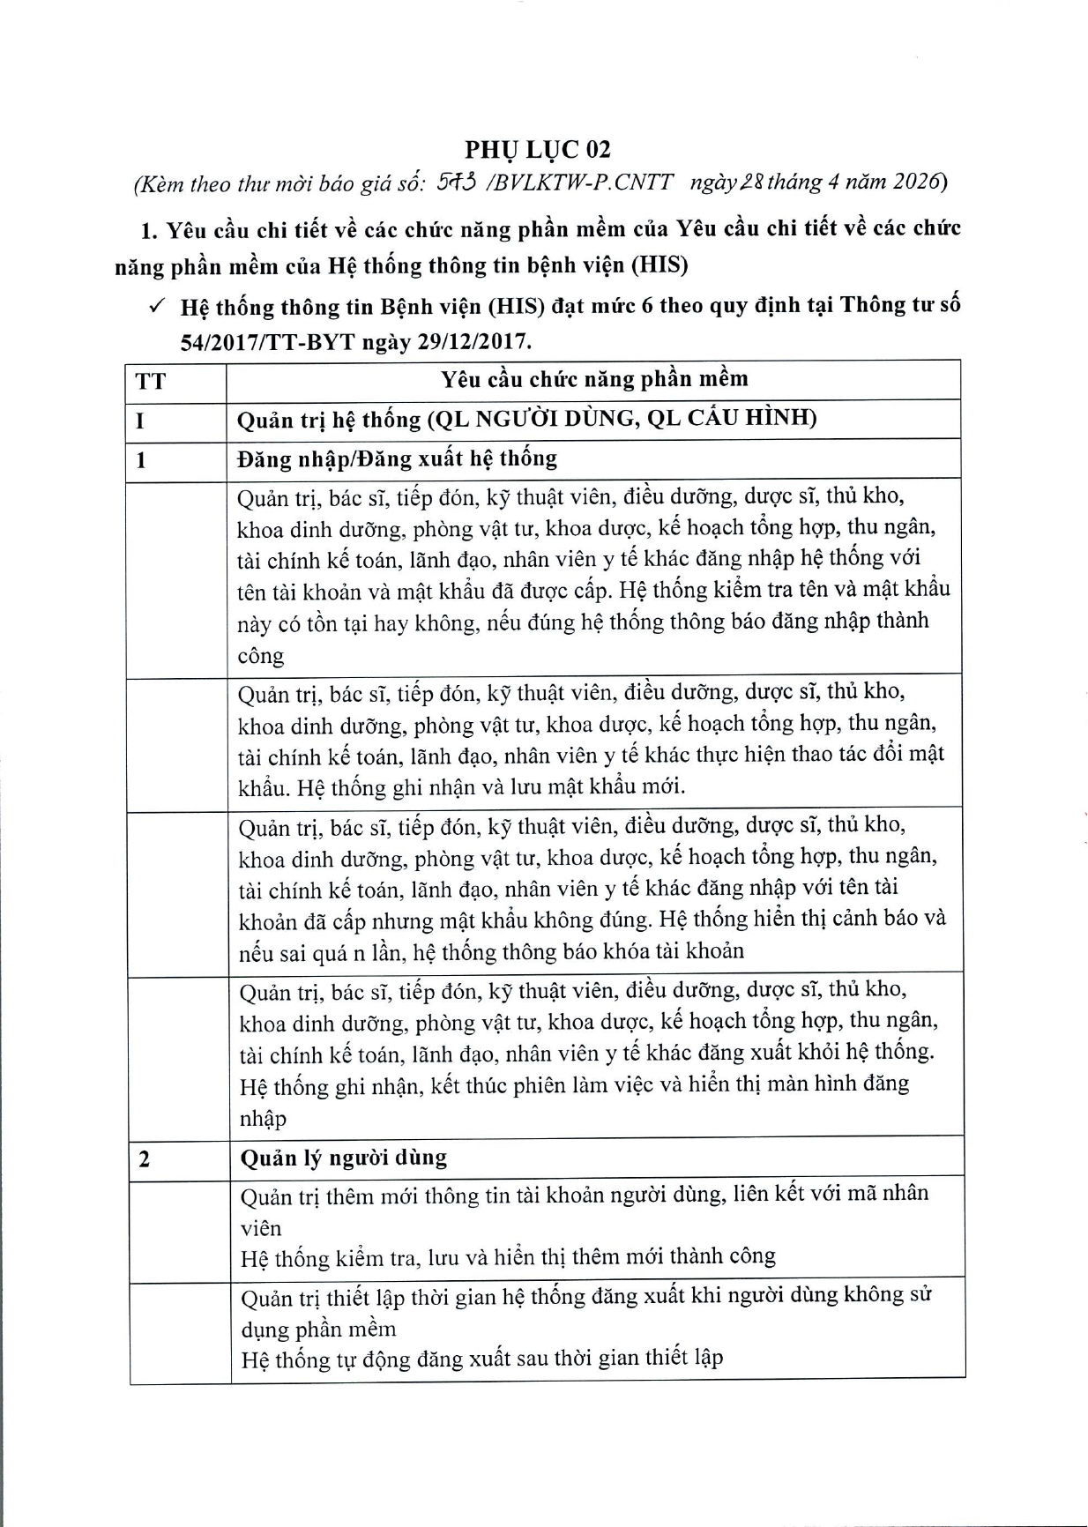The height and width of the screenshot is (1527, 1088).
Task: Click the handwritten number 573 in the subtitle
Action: click(458, 182)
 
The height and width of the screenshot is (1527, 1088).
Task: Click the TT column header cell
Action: click(151, 382)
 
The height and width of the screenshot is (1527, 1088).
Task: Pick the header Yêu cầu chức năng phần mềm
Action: click(593, 379)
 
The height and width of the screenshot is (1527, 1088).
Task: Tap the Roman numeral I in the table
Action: click(139, 421)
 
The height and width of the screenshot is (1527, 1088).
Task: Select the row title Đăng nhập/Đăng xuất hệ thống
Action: click(397, 458)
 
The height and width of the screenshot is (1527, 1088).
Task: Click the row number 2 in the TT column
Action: click(144, 1158)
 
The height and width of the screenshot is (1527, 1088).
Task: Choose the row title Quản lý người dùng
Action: click(343, 1157)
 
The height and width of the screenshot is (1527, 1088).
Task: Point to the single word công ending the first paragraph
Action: click(260, 656)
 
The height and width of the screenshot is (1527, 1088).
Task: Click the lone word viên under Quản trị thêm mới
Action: click(261, 1227)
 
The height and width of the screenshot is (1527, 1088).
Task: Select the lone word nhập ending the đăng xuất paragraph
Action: click(263, 1118)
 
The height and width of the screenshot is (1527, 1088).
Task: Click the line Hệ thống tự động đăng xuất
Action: click(481, 1358)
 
